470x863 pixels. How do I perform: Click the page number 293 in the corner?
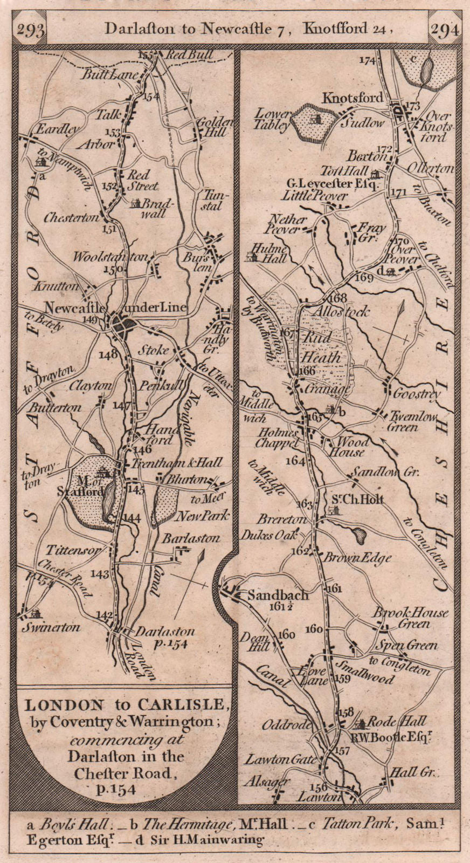click(x=30, y=30)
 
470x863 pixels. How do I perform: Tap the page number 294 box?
click(x=445, y=30)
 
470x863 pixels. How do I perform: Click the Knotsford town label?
click(x=353, y=98)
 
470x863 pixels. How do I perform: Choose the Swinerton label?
click(x=51, y=627)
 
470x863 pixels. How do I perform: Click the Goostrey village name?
click(x=417, y=394)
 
